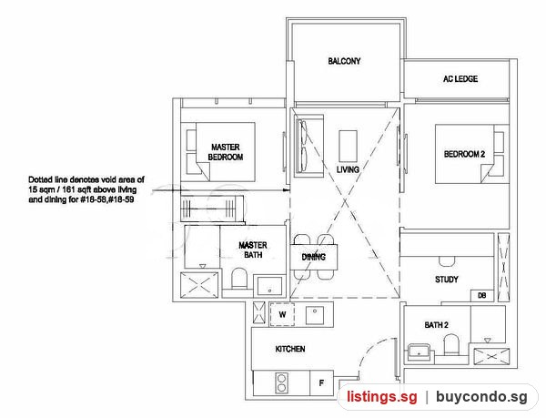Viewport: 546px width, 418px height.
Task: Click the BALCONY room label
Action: [x=344, y=61]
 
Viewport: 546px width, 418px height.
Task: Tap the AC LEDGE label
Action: [x=460, y=79]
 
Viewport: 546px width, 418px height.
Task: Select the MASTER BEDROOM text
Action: [x=226, y=152]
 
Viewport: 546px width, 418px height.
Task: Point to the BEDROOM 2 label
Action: [x=464, y=154]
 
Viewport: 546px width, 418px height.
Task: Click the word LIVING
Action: [x=348, y=169]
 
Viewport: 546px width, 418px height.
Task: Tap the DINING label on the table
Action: [x=313, y=257]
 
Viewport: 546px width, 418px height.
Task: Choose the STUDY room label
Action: [x=447, y=280]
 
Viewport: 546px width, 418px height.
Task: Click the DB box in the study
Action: [x=482, y=295]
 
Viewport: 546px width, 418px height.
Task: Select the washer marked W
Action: [x=282, y=314]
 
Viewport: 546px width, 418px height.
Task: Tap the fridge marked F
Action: [x=321, y=382]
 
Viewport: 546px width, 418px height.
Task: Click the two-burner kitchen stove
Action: [x=281, y=382]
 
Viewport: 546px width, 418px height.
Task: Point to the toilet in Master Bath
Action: [x=238, y=278]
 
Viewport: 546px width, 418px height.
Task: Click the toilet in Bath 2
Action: [x=451, y=344]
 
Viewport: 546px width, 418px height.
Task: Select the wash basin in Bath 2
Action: [x=420, y=352]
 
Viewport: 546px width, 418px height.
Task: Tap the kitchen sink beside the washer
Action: [x=315, y=315]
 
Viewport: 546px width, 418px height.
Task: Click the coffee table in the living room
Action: [x=348, y=147]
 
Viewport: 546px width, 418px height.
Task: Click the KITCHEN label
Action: [x=290, y=349]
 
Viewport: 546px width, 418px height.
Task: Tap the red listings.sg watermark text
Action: [x=381, y=397]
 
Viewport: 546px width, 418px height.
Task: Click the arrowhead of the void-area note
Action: [x=287, y=190]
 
